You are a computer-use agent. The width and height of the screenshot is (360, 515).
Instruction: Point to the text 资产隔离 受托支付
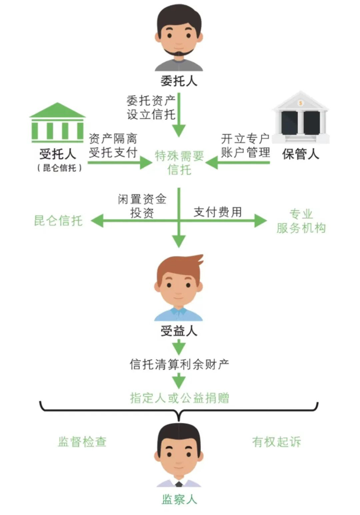pos(114,145)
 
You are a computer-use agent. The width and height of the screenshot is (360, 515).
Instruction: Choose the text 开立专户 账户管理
pos(245,145)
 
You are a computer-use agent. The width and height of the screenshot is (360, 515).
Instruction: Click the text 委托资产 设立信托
pos(151,106)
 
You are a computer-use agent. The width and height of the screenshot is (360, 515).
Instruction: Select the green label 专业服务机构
pos(301,222)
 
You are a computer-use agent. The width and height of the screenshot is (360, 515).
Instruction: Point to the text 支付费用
pos(218,212)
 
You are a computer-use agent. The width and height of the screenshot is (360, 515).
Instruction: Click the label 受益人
pos(178,331)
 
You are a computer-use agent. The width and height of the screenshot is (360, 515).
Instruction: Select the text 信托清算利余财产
pos(179,364)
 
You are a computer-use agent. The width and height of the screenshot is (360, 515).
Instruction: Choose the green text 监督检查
pos(82,442)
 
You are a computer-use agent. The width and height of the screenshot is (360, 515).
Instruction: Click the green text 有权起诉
pos(277,442)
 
